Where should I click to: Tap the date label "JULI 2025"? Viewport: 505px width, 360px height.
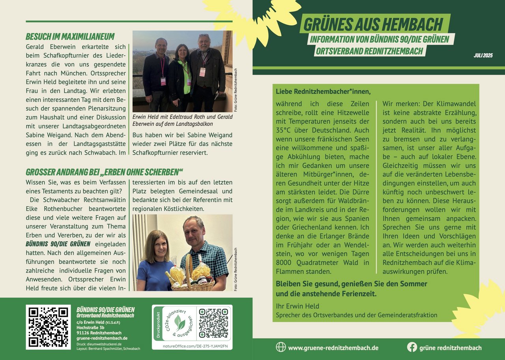tap(483, 55)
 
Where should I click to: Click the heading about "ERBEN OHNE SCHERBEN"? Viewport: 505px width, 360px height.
tap(105, 172)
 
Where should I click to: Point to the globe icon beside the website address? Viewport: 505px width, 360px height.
tap(281, 347)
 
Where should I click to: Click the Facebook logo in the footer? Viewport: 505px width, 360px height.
tap(412, 347)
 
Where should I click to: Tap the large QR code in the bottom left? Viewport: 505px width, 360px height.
tap(48, 327)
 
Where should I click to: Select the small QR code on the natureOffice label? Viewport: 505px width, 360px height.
tap(213, 324)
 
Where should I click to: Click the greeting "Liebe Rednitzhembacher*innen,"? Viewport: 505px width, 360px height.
tap(324, 92)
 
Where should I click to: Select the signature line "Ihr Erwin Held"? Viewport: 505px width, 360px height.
tap(297, 306)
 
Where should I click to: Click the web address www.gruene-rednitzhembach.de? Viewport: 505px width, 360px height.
tap(333, 348)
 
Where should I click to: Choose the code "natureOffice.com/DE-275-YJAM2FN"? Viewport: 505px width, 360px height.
tap(192, 346)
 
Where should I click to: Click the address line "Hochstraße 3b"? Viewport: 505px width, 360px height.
tap(91, 328)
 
